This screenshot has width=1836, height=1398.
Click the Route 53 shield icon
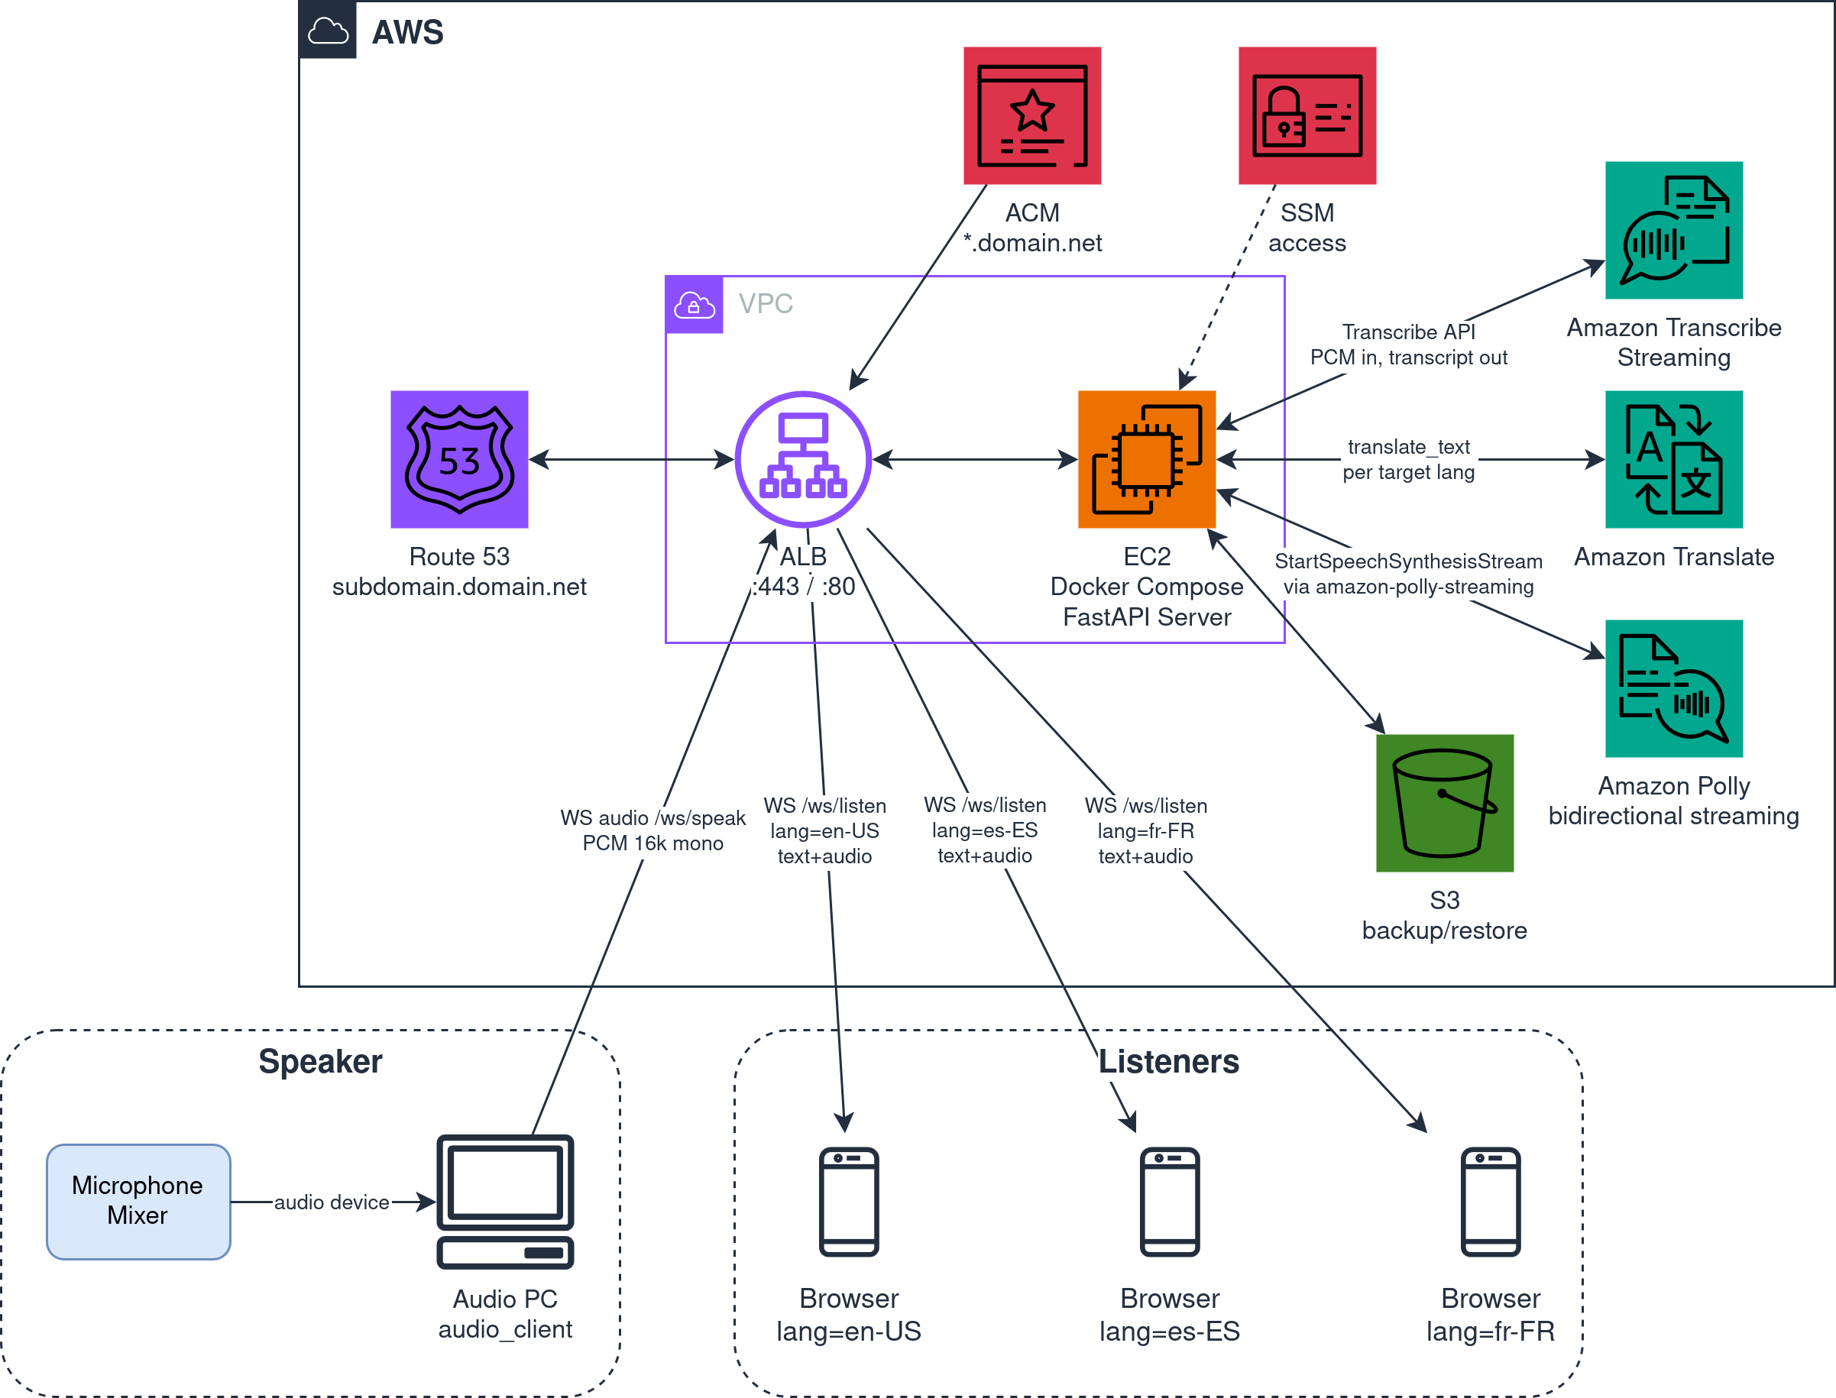pyautogui.click(x=459, y=459)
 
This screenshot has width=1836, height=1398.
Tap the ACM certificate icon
pyautogui.click(x=1032, y=115)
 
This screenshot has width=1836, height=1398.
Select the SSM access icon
pyautogui.click(x=1307, y=115)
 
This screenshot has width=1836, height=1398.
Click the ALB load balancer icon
pyautogui.click(x=803, y=459)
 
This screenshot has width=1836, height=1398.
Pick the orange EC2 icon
pyautogui.click(x=1147, y=459)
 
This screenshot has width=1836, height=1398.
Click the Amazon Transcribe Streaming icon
pyautogui.click(x=1674, y=231)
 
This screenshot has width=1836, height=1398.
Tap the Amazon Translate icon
pyautogui.click(x=1674, y=459)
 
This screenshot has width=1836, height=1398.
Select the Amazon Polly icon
pyautogui.click(x=1674, y=688)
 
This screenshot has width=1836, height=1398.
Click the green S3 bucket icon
pyautogui.click(x=1445, y=803)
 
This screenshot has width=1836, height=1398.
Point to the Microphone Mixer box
pyautogui.click(x=138, y=1202)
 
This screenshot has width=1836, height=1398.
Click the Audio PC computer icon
pyautogui.click(x=505, y=1202)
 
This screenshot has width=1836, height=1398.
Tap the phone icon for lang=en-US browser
pyautogui.click(x=849, y=1202)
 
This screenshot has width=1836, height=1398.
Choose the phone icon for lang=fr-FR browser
pyautogui.click(x=1491, y=1202)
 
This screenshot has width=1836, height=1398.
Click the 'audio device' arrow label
pyautogui.click(x=332, y=1202)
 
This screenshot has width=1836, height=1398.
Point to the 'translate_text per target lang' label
pyautogui.click(x=1408, y=459)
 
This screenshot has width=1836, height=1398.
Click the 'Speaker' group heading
pyautogui.click(x=320, y=1062)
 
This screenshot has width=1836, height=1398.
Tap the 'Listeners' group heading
pyautogui.click(x=1168, y=1062)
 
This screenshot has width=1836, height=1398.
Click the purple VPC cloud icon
pyautogui.click(x=694, y=305)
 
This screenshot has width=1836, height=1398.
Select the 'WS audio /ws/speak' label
pyautogui.click(x=652, y=818)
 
